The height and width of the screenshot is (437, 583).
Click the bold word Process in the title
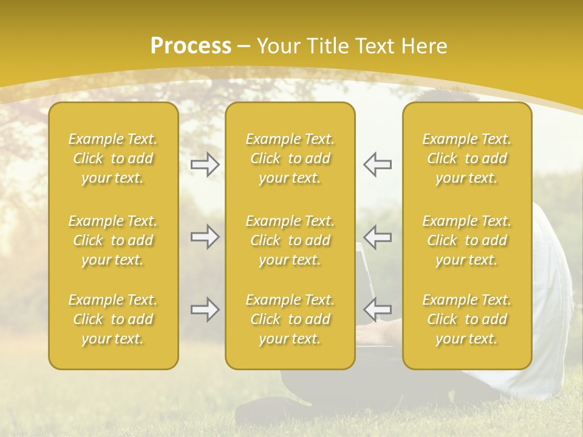click(x=191, y=46)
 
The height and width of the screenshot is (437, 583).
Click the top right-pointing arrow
click(x=205, y=164)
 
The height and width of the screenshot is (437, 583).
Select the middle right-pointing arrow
click(x=205, y=237)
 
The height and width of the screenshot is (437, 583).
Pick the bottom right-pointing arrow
click(x=205, y=310)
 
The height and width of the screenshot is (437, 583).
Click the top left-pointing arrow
click(x=377, y=164)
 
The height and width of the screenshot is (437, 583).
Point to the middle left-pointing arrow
click(x=377, y=237)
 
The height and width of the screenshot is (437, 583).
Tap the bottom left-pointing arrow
click(x=377, y=310)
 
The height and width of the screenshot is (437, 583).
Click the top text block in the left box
click(x=113, y=158)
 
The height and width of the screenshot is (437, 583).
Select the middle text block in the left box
click(x=113, y=240)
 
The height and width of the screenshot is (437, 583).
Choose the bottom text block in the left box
click(x=113, y=319)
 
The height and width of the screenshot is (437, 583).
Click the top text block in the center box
click(x=290, y=158)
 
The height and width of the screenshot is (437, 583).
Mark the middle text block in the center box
click(x=290, y=240)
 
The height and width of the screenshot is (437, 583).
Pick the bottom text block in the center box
click(x=290, y=319)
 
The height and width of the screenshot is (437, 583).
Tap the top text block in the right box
click(x=467, y=158)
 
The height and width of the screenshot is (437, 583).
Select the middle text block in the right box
click(x=467, y=240)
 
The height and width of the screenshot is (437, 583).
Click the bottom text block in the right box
click(x=467, y=319)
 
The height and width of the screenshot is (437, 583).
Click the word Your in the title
click(x=276, y=46)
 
